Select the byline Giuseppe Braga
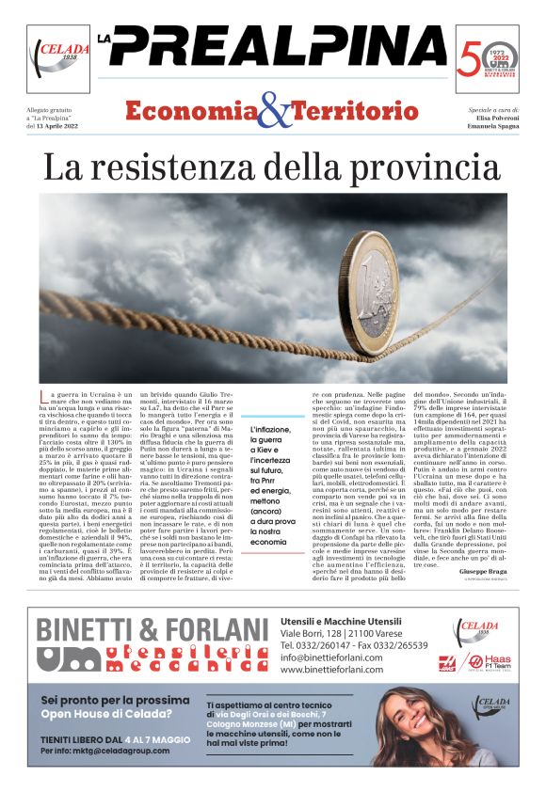pyautogui.click(x=481, y=572)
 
